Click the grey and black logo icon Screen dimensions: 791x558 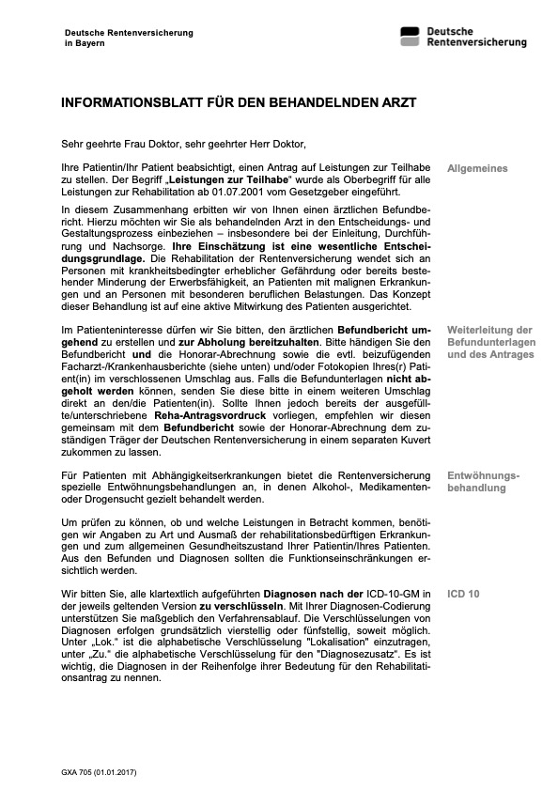(410, 37)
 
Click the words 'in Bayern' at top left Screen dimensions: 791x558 (85, 43)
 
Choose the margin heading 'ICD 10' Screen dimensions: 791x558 (463, 595)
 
